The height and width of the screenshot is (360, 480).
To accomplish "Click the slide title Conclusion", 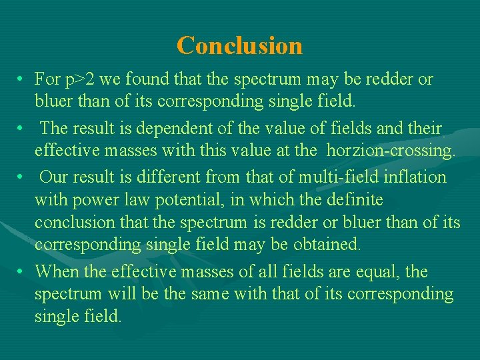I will tap(239, 45).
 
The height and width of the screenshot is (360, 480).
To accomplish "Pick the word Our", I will tap(53, 177).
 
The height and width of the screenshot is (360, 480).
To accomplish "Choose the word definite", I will tap(354, 200).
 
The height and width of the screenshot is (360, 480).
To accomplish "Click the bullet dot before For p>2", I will tap(23, 80).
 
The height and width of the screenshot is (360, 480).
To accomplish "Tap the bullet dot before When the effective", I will tap(23, 272).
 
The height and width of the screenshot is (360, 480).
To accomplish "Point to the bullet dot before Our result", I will tap(23, 177).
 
